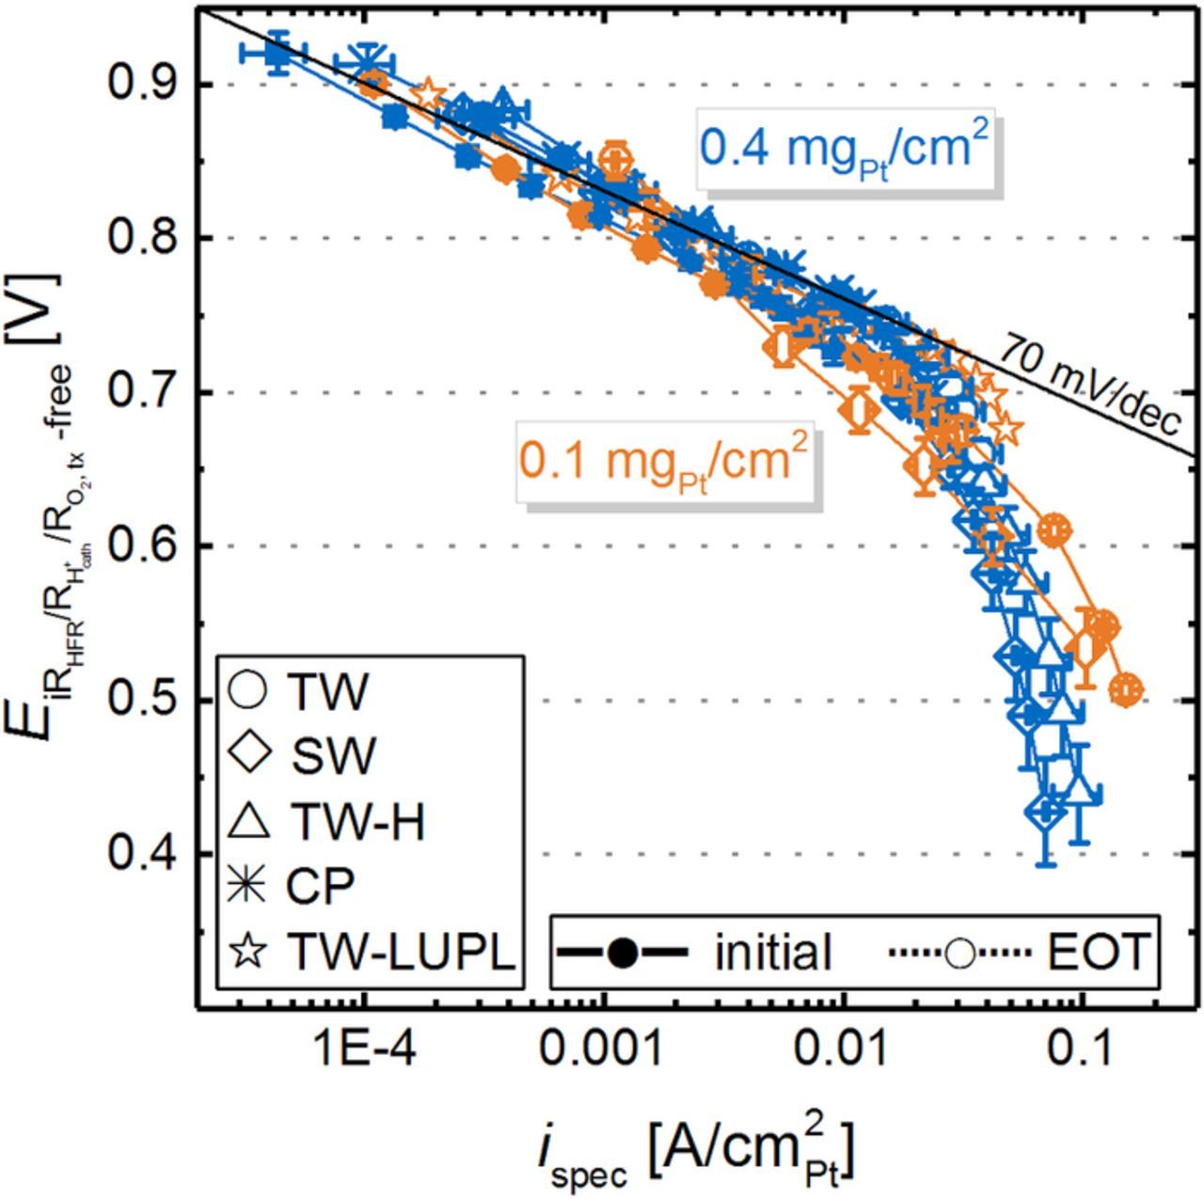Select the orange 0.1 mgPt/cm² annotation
click(x=662, y=461)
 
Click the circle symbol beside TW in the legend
click(x=248, y=691)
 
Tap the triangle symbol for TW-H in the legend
click(x=248, y=822)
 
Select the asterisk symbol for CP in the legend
click(x=248, y=886)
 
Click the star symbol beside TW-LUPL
click(x=248, y=952)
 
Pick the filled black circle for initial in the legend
click(x=622, y=953)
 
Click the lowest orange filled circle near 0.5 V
click(x=1126, y=689)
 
